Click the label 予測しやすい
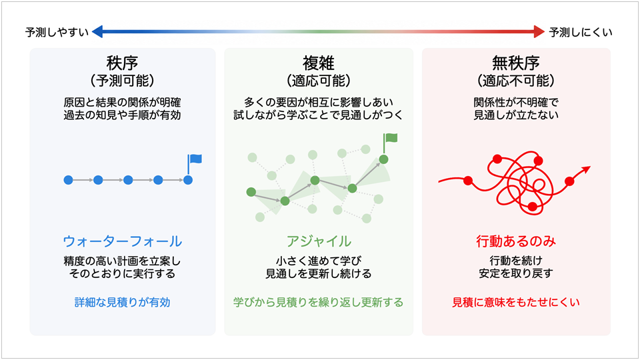(x=57, y=32)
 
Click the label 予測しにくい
(x=581, y=32)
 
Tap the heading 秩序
(x=122, y=63)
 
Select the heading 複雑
(x=319, y=63)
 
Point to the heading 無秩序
(x=516, y=63)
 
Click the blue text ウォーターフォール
(x=123, y=241)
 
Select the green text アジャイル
(x=319, y=241)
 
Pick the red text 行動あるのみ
(x=516, y=241)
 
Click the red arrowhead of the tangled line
(x=587, y=169)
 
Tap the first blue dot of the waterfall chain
(x=68, y=180)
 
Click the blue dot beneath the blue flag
(x=188, y=180)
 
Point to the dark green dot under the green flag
(x=383, y=159)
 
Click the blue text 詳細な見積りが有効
(x=123, y=303)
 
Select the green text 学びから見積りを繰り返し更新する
(x=319, y=303)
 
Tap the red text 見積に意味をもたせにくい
(x=516, y=303)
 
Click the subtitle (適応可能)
(x=319, y=81)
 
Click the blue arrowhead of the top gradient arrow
(x=97, y=31)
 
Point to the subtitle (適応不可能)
(x=516, y=81)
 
